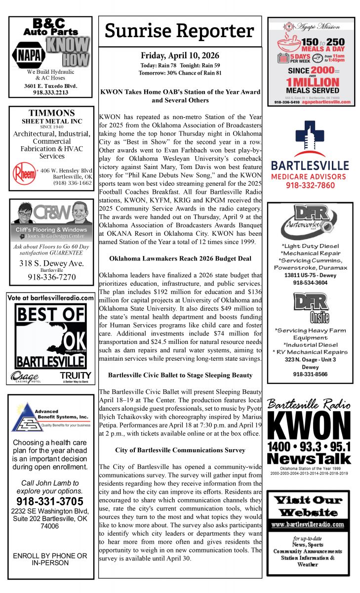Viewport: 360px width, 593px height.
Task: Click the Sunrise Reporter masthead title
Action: pos(180,31)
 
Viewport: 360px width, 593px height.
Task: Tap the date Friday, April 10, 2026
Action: pos(180,55)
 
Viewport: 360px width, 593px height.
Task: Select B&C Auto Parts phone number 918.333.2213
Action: pos(51,92)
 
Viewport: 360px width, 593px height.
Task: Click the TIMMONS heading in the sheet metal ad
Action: pos(51,113)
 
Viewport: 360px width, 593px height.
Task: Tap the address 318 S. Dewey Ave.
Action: pos(51,263)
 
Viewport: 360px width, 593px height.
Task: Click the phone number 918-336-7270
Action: pos(51,277)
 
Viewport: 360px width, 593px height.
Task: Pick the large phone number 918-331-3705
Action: pos(50,502)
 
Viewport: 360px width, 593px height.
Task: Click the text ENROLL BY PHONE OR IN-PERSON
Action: pos(50,559)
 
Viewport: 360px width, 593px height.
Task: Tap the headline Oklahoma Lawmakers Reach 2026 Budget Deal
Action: pos(180,258)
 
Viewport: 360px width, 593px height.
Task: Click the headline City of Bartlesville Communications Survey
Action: pos(180,450)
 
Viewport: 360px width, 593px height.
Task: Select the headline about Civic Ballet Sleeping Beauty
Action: pos(180,375)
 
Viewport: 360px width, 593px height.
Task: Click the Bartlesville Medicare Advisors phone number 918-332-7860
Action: pos(310,186)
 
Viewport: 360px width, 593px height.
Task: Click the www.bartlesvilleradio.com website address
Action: pos(308,524)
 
